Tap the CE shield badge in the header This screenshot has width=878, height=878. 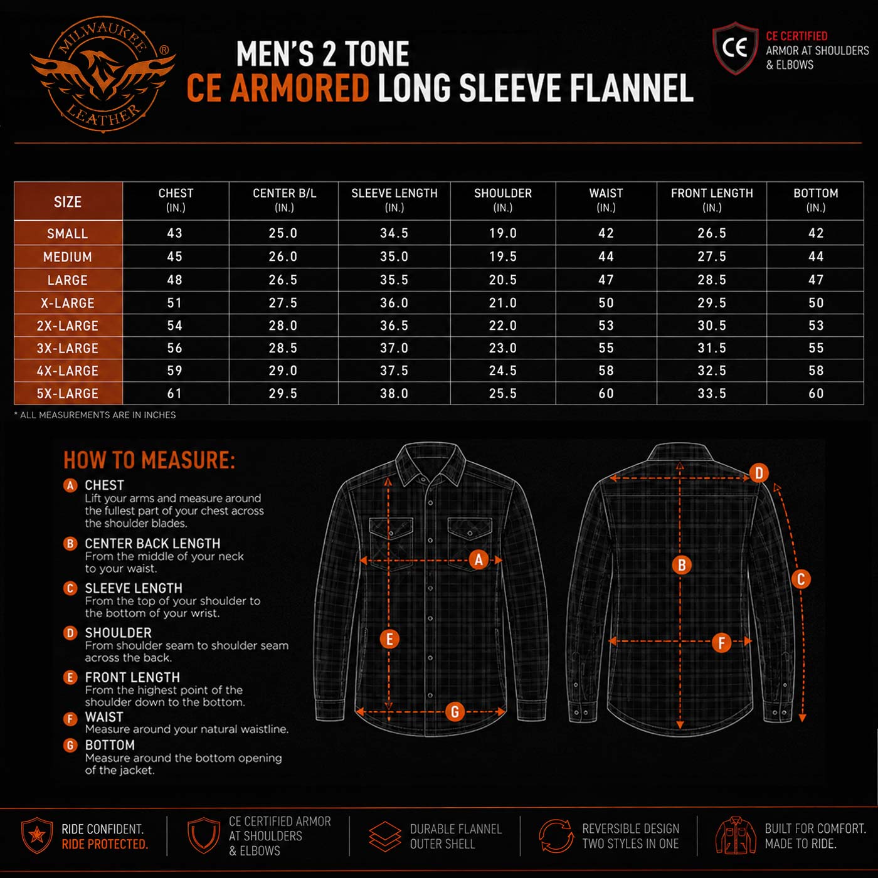(x=735, y=48)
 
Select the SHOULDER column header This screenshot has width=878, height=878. (x=502, y=200)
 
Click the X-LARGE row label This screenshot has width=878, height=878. (x=68, y=303)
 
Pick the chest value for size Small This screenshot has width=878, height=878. (x=174, y=233)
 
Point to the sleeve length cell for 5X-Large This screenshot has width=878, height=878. (x=394, y=393)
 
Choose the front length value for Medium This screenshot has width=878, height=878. (x=712, y=257)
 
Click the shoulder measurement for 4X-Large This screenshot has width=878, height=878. (x=502, y=371)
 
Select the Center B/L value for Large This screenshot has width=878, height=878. (x=283, y=280)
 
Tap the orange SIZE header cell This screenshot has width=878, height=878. (x=68, y=201)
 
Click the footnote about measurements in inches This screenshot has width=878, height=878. (x=95, y=415)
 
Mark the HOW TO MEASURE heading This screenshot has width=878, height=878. (x=149, y=460)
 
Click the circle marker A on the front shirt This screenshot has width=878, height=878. (x=479, y=559)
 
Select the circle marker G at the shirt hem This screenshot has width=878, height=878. (x=455, y=712)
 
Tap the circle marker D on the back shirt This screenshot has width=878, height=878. (x=759, y=473)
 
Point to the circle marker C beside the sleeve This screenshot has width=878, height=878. (x=801, y=579)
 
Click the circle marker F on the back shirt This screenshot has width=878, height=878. (x=722, y=643)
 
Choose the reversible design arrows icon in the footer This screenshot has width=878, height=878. (x=556, y=835)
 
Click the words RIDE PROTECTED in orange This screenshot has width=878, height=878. (x=105, y=844)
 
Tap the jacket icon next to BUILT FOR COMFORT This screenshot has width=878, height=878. (x=736, y=835)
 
